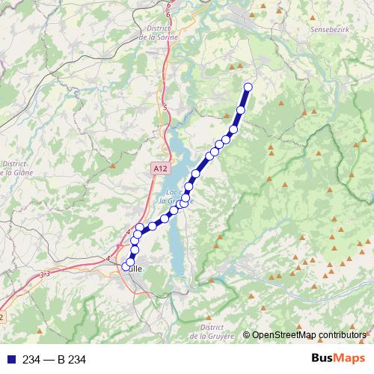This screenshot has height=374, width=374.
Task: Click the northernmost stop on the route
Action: (248, 88)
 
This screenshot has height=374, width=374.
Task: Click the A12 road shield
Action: (159, 169)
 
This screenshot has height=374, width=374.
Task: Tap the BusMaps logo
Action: (336, 359)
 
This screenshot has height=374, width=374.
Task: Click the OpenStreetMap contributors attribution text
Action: (310, 334)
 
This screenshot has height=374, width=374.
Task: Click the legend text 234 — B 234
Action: (55, 360)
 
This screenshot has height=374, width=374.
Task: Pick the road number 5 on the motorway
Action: (165, 108)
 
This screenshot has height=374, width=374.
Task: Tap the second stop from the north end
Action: (241, 111)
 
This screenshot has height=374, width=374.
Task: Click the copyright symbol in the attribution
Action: (246, 334)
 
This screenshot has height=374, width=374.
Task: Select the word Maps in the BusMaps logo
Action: (346, 359)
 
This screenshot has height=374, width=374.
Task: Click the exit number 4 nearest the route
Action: (128, 230)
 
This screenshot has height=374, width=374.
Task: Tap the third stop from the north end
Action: (233, 130)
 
